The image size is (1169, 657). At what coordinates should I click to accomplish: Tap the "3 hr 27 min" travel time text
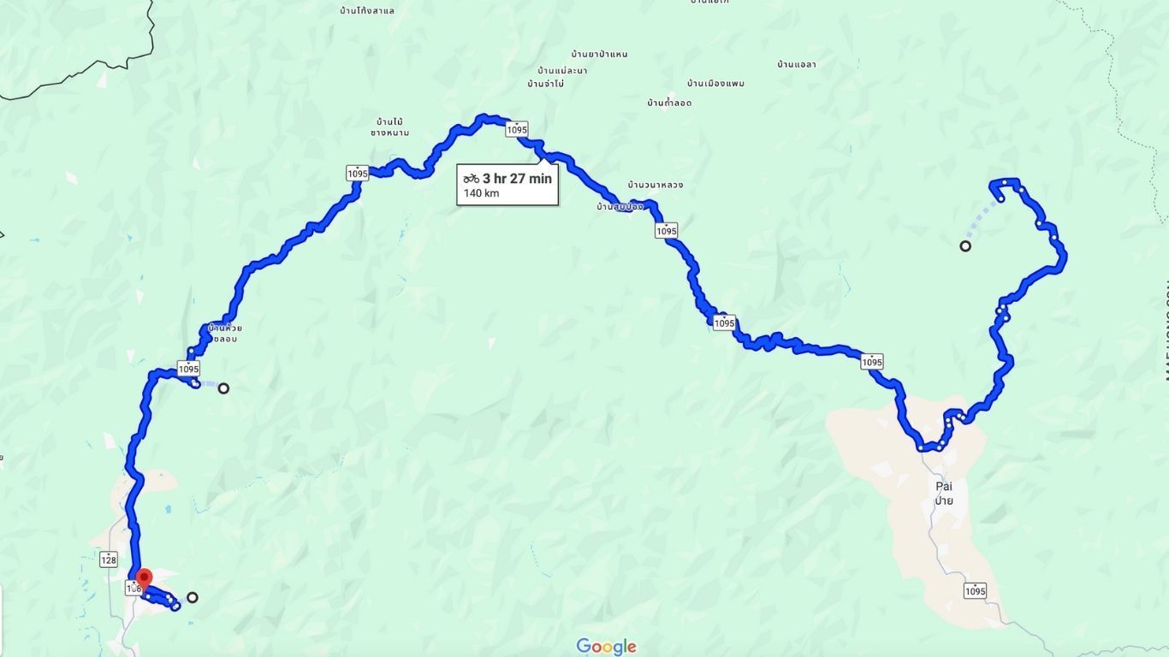[517, 179]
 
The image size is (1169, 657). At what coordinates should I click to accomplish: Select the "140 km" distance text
[481, 193]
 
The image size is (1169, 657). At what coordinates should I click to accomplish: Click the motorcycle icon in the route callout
[472, 179]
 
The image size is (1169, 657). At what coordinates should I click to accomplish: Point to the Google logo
[606, 647]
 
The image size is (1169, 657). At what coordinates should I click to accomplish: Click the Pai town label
[944, 486]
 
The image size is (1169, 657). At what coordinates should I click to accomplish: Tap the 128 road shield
[109, 559]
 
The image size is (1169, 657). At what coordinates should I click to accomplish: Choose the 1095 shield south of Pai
[975, 590]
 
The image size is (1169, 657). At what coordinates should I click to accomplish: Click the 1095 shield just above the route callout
[516, 129]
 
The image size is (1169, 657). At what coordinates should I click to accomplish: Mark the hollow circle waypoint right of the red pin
[193, 597]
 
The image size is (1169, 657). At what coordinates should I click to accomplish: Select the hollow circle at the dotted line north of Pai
[965, 246]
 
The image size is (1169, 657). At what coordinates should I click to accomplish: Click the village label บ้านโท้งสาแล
[366, 11]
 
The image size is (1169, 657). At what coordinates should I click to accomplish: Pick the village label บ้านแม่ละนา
[562, 70]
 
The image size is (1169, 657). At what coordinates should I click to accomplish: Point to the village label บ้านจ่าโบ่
[545, 84]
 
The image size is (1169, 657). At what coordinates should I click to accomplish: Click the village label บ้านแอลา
[796, 64]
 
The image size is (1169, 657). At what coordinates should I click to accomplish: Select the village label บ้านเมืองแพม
[715, 84]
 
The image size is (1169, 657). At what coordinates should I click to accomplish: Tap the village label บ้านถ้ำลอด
[669, 103]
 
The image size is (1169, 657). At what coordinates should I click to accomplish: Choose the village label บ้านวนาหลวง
[655, 185]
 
